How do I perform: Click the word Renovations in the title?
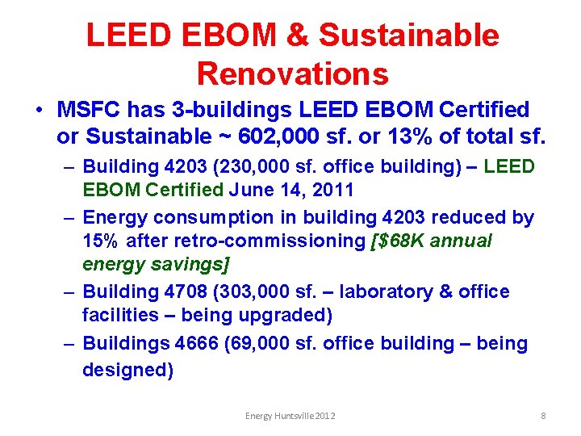[292, 73]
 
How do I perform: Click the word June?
[253, 191]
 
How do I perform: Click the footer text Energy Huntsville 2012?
[290, 415]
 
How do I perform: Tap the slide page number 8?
[543, 415]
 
